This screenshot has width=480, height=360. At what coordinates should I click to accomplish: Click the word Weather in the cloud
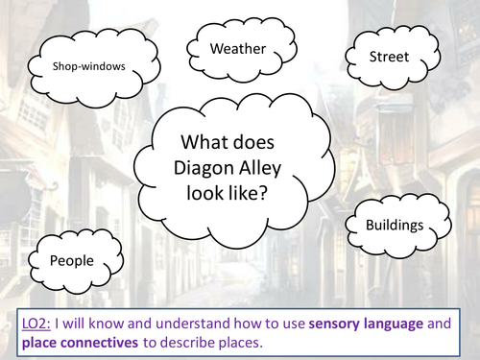(x=237, y=48)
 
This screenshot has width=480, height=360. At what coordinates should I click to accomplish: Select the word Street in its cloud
(x=389, y=57)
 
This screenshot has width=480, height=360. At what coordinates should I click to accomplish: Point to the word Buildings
(x=394, y=226)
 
